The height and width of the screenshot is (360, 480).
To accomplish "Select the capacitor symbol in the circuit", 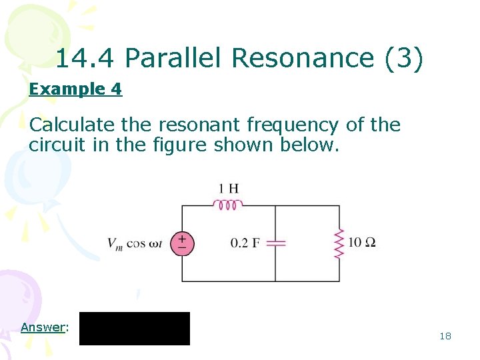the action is (275, 243).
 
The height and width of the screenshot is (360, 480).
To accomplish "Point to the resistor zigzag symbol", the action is (339, 243).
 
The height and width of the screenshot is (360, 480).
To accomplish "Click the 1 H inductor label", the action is (229, 189).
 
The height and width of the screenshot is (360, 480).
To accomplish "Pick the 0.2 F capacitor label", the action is (245, 243).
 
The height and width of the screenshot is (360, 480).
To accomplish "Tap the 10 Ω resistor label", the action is (362, 242).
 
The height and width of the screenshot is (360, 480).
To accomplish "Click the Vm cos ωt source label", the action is (135, 243).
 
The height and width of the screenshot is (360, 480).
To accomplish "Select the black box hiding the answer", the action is (135, 328).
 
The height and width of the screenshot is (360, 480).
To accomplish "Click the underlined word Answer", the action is (44, 327).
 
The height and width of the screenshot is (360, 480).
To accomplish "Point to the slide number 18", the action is (445, 336).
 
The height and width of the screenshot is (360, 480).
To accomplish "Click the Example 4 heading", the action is (75, 89).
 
